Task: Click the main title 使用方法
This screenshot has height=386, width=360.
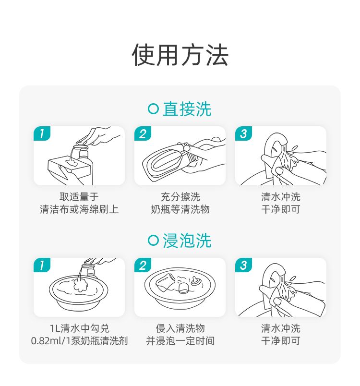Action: (x=180, y=55)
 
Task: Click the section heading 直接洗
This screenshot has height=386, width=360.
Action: (x=187, y=109)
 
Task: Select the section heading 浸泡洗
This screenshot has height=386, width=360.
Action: (x=187, y=241)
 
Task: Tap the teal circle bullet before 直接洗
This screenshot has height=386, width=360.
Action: (x=153, y=109)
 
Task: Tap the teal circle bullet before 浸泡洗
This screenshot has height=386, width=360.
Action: (x=153, y=240)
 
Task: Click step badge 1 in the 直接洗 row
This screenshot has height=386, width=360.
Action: (x=42, y=133)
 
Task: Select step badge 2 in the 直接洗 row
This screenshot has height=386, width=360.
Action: (x=143, y=133)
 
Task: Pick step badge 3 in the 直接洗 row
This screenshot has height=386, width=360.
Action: (x=244, y=133)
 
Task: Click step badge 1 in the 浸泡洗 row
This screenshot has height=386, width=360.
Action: (x=42, y=265)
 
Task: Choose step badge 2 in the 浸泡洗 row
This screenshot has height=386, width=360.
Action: (x=143, y=265)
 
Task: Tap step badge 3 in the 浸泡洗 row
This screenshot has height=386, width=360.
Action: (x=244, y=265)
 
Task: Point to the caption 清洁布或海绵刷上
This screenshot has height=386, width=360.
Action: (x=79, y=209)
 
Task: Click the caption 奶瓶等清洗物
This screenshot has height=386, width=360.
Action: (x=180, y=209)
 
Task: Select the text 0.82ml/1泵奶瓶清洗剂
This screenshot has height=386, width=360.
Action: (x=79, y=341)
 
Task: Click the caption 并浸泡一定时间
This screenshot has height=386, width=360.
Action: (x=180, y=341)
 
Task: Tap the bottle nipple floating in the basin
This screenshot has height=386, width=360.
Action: (x=196, y=281)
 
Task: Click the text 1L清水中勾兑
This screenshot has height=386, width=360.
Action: (x=79, y=328)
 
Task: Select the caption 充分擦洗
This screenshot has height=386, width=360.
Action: (x=180, y=197)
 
